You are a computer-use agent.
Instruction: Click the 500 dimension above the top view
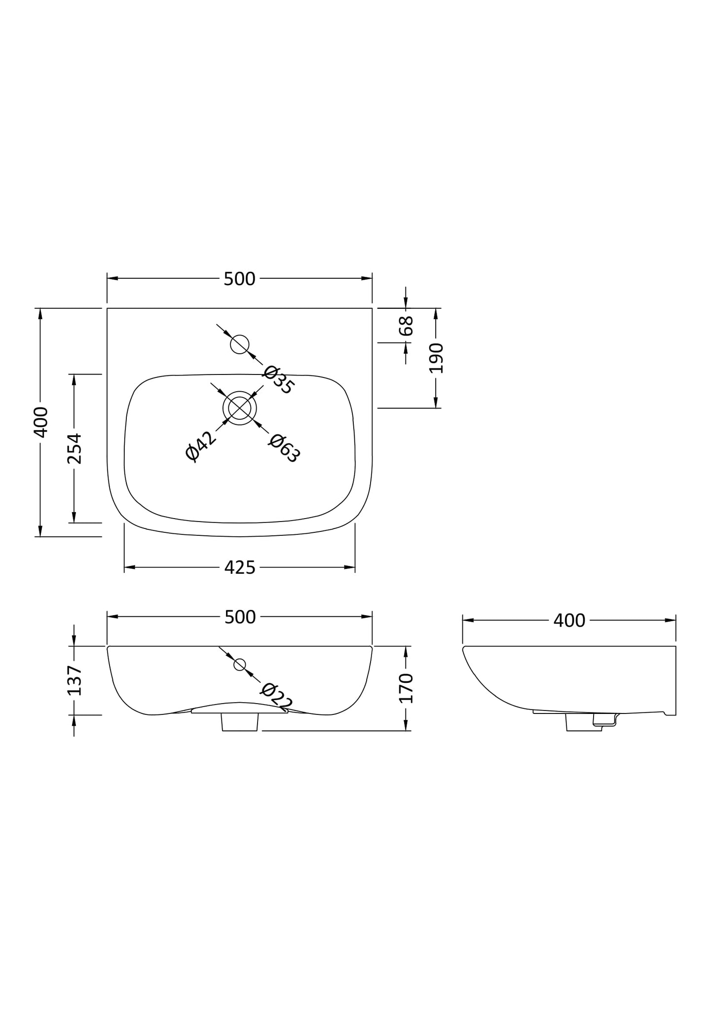(x=239, y=279)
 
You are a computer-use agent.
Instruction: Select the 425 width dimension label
(x=240, y=568)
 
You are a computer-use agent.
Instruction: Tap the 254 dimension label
(x=75, y=448)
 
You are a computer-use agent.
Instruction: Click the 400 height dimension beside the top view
(x=41, y=422)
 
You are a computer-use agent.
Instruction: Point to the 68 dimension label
(x=406, y=326)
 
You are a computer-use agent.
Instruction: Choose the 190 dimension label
(x=436, y=358)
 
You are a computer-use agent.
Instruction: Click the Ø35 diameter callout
(x=278, y=380)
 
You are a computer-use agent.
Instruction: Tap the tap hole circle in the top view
(x=240, y=344)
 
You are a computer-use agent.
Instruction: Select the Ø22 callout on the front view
(x=276, y=697)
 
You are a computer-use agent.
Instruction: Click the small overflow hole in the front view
(x=240, y=665)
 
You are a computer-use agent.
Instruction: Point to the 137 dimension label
(x=75, y=680)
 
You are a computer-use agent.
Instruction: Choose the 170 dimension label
(x=406, y=688)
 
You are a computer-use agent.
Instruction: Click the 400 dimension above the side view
(x=569, y=621)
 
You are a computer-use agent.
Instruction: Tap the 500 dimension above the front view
(x=240, y=617)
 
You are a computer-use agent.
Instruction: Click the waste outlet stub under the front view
(x=240, y=722)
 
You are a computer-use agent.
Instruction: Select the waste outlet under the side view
(x=583, y=723)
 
